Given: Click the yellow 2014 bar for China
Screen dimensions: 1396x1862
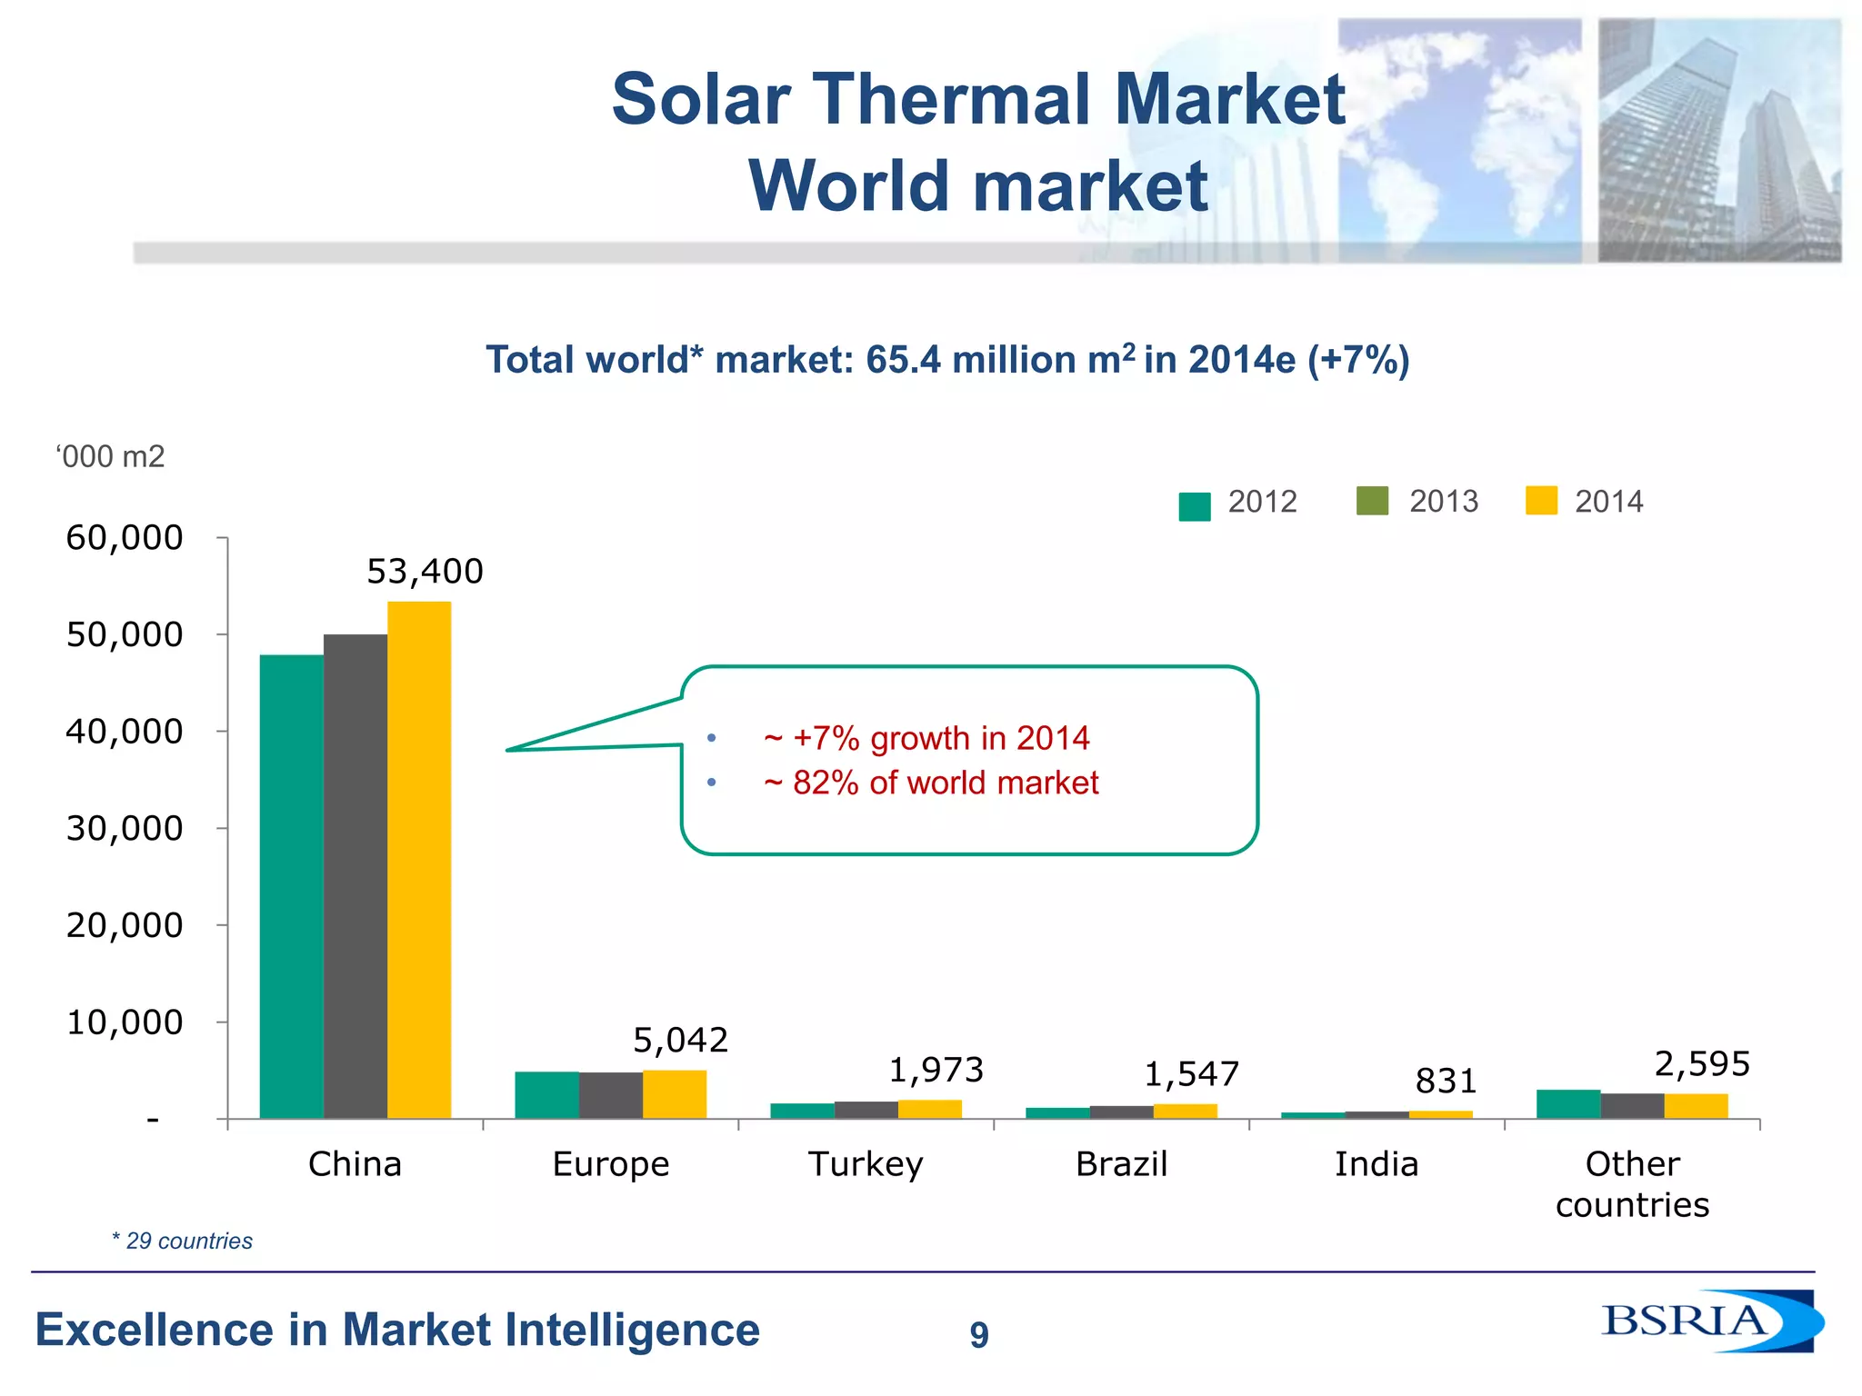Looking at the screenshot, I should click(x=419, y=859).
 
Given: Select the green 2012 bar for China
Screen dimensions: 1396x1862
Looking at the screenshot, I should click(x=291, y=886).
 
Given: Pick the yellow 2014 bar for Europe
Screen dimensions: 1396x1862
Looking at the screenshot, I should click(x=675, y=1094).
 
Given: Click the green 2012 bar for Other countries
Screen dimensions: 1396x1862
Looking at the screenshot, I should click(x=1568, y=1103).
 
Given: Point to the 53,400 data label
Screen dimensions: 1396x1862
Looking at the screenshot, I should click(x=425, y=572).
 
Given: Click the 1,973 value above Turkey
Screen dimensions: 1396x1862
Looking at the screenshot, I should click(x=936, y=1070).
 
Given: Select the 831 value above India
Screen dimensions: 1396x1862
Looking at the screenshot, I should click(x=1446, y=1081).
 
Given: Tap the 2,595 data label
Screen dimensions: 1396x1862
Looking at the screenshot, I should click(x=1702, y=1063).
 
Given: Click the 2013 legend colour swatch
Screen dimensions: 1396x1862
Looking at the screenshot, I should click(x=1372, y=501).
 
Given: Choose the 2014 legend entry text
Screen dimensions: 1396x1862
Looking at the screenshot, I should click(x=1608, y=502).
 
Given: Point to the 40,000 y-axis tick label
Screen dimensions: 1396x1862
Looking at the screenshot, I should click(x=125, y=731).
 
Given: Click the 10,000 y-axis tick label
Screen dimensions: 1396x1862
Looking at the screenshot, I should click(x=125, y=1022).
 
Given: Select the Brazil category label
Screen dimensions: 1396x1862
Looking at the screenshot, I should click(x=1121, y=1164).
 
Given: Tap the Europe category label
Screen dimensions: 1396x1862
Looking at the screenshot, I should click(x=610, y=1164).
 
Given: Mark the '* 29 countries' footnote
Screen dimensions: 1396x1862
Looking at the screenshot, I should click(x=182, y=1241).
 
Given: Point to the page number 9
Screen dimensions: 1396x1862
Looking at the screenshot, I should click(x=978, y=1334).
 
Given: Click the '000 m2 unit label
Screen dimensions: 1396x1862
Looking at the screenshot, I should click(x=110, y=456).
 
